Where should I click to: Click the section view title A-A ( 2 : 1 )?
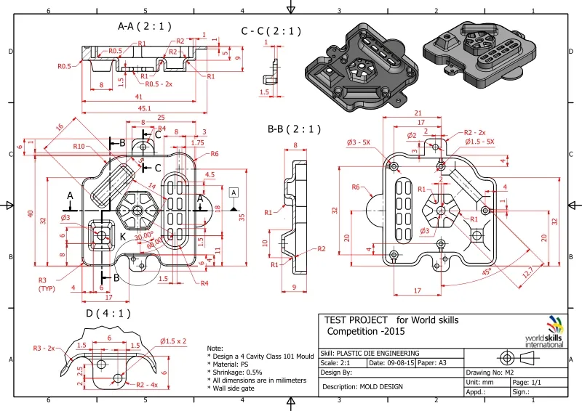pos(145,25)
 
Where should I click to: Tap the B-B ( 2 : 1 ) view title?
pos(294,129)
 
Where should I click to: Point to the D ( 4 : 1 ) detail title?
pos(109,314)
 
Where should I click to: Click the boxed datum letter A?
pos(234,192)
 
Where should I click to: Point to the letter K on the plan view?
pos(123,238)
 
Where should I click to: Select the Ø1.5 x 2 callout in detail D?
pos(173,341)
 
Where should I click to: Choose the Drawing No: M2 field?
pos(495,372)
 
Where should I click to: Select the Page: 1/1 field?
pos(527,381)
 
